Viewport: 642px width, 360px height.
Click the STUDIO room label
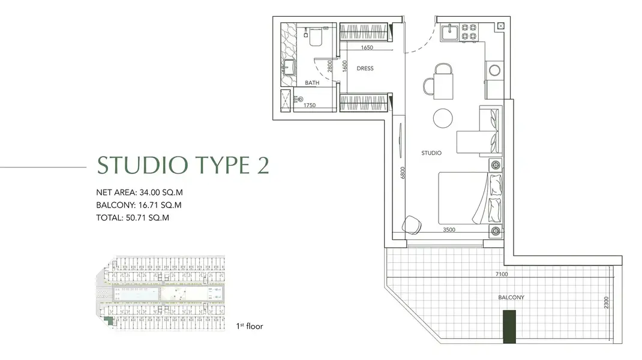[x=431, y=153]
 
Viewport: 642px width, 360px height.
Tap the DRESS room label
[x=365, y=68]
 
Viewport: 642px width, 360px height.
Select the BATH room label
[x=312, y=83]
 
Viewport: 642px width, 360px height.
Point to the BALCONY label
[x=511, y=298]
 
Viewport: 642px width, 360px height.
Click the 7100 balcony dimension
[x=502, y=274]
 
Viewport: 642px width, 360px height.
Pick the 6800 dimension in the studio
[x=403, y=173]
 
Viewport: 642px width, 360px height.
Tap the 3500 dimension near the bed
[x=449, y=230]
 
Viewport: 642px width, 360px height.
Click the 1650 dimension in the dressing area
[x=367, y=47]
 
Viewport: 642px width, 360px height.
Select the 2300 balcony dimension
[x=607, y=302]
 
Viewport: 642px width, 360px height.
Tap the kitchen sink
[x=451, y=32]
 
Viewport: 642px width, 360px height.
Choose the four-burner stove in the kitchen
[x=469, y=32]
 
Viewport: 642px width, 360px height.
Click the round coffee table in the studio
[x=443, y=118]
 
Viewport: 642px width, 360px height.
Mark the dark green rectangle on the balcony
[x=509, y=326]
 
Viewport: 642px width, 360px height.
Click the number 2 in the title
[x=263, y=166]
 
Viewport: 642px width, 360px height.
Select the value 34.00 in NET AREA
[x=149, y=193]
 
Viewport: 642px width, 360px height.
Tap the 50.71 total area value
[x=136, y=218]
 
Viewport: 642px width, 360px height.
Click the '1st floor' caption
[x=250, y=326]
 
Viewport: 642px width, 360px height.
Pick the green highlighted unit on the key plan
[x=109, y=321]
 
